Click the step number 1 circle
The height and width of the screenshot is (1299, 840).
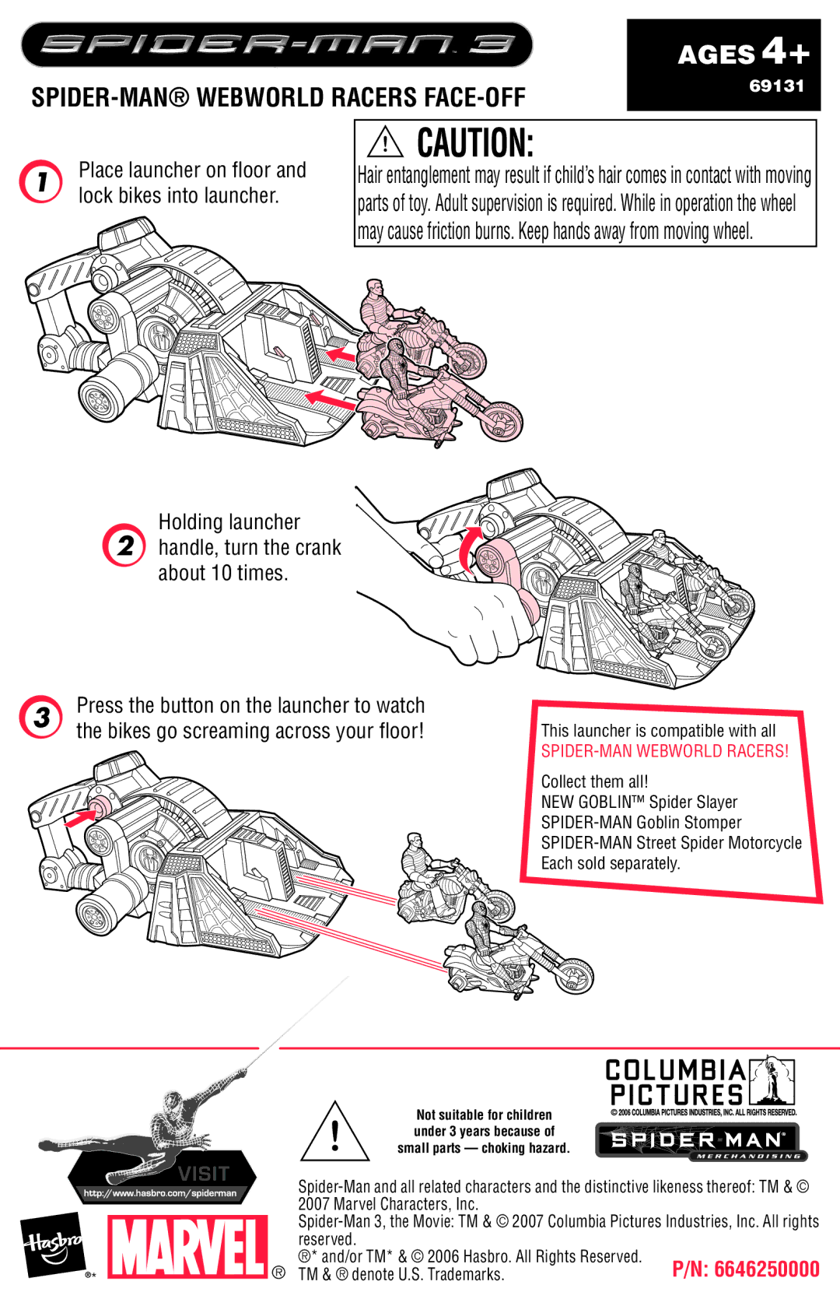(x=40, y=181)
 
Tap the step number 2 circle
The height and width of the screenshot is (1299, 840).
(x=124, y=546)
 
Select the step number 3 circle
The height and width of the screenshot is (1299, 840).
(x=41, y=717)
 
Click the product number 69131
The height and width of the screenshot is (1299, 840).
(x=776, y=86)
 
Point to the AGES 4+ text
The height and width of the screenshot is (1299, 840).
(x=743, y=53)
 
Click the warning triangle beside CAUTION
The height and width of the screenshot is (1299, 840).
(x=385, y=142)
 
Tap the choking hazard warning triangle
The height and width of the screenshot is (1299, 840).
(x=334, y=1133)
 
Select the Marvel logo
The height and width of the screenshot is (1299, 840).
(x=188, y=1247)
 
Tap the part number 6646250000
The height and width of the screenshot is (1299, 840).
(x=745, y=1269)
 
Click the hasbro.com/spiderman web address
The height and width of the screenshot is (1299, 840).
(x=160, y=1193)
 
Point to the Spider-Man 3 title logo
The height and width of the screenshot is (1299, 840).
(x=277, y=44)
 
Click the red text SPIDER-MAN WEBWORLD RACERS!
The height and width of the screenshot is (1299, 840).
(x=664, y=751)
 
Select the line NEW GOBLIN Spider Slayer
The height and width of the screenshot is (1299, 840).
(x=639, y=802)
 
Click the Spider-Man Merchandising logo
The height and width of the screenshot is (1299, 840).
(x=701, y=1142)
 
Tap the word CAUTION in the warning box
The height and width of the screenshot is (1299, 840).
(x=475, y=143)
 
